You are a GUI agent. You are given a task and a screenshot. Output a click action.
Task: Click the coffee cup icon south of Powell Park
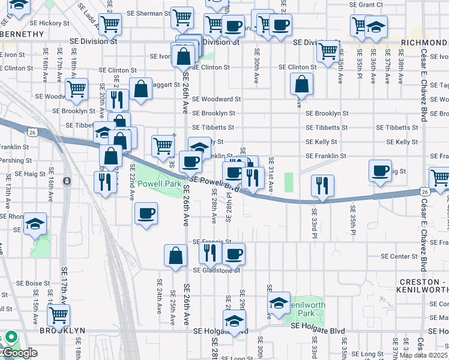click(146, 213)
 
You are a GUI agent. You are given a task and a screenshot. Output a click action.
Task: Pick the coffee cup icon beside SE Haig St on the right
click(380, 170)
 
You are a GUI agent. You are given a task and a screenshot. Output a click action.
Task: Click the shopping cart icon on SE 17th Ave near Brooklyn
click(58, 314)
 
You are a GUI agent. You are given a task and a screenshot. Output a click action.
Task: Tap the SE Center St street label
click(399, 256)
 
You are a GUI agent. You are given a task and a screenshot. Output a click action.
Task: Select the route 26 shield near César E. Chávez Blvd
click(425, 191)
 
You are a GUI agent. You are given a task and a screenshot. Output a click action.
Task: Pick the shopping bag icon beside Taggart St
click(140, 89)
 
